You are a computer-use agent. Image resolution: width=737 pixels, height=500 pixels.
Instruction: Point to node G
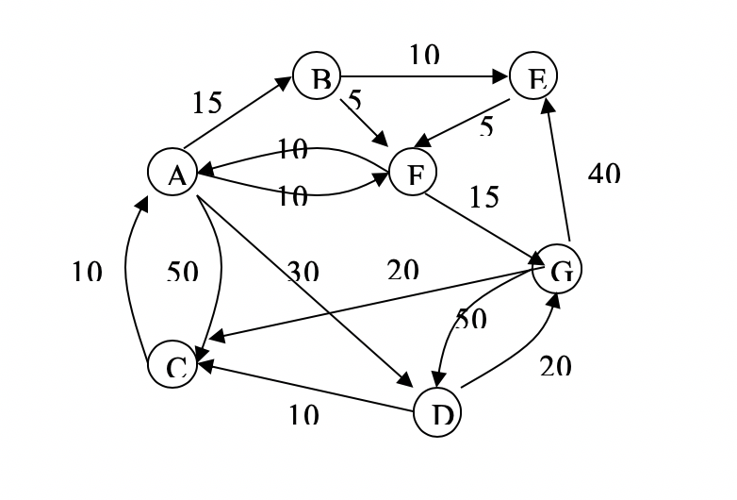pos(558,271)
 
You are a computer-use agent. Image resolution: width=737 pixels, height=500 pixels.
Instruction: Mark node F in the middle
pos(412,174)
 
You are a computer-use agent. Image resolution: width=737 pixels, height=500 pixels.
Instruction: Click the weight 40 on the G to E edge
pos(604,173)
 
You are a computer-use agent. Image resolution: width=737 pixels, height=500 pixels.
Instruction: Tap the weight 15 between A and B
pos(206,102)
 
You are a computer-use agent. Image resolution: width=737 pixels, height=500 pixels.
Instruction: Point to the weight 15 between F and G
pos(484,196)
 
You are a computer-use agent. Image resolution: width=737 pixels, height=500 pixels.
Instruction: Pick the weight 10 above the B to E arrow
pos(424,57)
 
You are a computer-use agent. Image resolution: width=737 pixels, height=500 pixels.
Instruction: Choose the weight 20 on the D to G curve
pos(556,365)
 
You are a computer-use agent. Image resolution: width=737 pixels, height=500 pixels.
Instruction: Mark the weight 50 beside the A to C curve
pos(182,272)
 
